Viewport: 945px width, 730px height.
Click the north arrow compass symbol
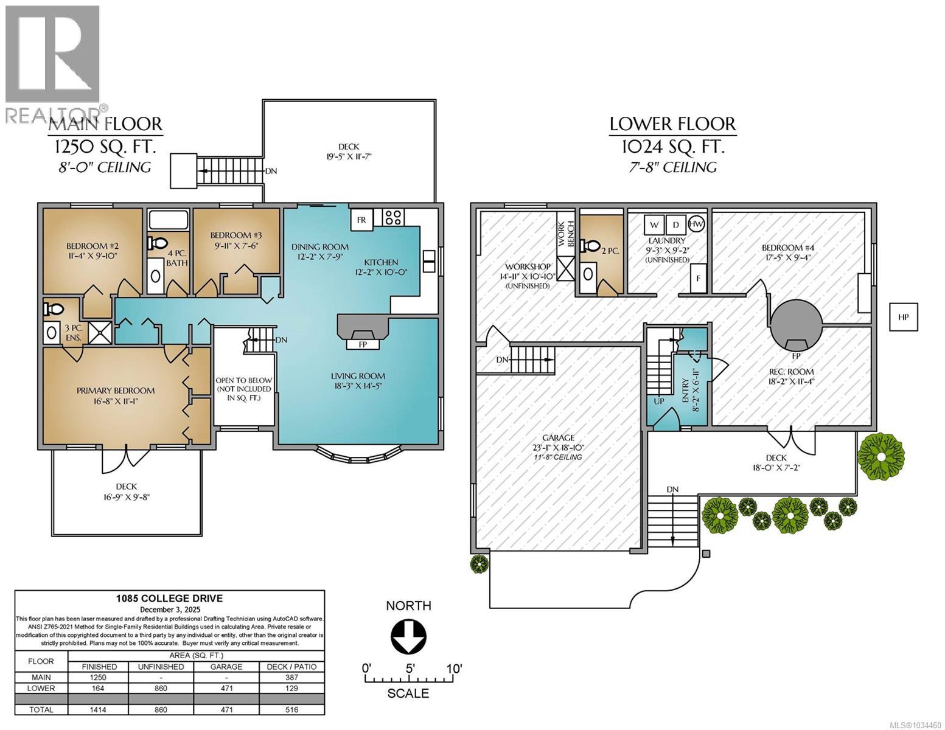[408, 636]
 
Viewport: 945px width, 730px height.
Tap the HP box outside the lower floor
[903, 317]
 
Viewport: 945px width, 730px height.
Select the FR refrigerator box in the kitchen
[361, 220]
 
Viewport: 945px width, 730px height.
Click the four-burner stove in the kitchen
[393, 217]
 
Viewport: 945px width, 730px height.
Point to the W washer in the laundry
[654, 225]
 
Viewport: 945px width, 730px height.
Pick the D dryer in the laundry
[676, 225]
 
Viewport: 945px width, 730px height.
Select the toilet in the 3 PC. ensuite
[54, 309]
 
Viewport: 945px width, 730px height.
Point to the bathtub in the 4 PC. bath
[168, 220]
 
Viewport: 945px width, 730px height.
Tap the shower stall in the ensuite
[100, 333]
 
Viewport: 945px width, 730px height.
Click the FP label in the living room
[363, 344]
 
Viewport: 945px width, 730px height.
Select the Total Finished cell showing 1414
[98, 709]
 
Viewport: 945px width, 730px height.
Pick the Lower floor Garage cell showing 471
[226, 688]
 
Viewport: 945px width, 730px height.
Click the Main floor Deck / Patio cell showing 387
[292, 678]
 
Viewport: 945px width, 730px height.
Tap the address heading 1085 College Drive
[169, 599]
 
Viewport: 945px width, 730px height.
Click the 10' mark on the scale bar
[453, 668]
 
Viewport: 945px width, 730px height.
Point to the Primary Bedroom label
[116, 391]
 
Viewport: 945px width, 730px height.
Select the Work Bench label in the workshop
[566, 234]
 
